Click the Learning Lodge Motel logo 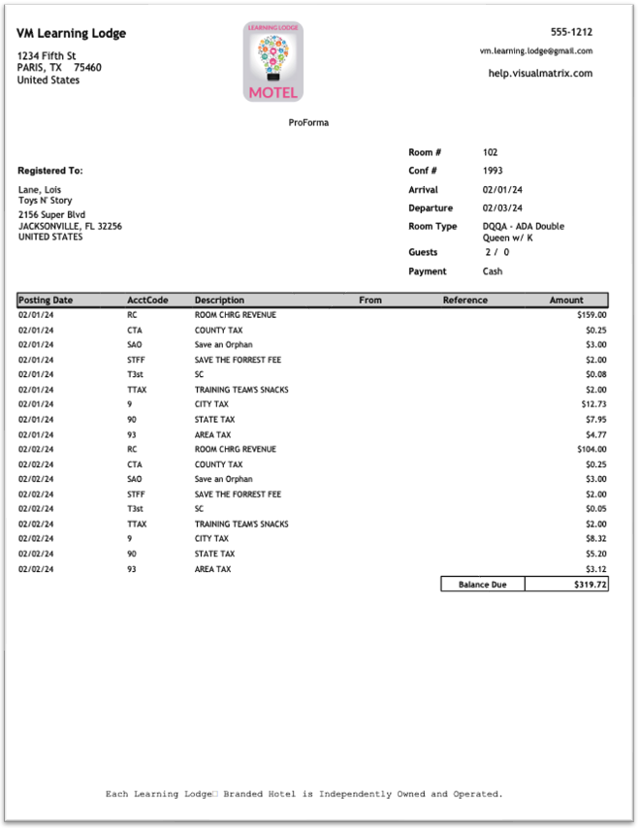tap(273, 62)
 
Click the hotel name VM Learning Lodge tap(71, 34)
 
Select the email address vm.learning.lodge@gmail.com tap(535, 51)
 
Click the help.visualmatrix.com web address tap(540, 74)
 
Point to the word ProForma tap(308, 123)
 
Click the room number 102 tap(491, 153)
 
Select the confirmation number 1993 tap(493, 172)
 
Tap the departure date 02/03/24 tap(502, 208)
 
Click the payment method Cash tap(493, 271)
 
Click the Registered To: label tap(50, 171)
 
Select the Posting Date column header tap(46, 301)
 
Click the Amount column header tap(566, 301)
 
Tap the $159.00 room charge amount tap(590, 315)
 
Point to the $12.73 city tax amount tap(592, 404)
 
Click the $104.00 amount tap(590, 450)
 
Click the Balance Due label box tap(482, 585)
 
